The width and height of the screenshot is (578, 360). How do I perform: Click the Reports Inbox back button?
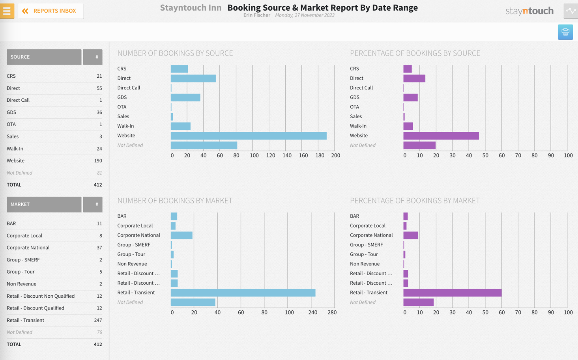(51, 11)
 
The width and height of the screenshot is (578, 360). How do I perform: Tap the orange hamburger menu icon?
(7, 11)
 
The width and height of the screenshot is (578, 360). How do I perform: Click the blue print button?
(565, 32)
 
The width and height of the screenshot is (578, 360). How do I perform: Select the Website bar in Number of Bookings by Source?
(249, 136)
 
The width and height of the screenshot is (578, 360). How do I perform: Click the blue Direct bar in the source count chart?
(193, 78)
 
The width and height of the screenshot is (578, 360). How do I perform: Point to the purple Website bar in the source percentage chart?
(441, 136)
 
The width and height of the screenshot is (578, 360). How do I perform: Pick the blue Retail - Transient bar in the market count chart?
(243, 293)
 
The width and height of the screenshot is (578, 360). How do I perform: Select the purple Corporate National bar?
(410, 235)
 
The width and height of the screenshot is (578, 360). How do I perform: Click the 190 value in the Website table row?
(98, 161)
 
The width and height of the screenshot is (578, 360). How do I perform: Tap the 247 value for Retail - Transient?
(98, 320)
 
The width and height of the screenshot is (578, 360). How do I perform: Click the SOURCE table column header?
(44, 57)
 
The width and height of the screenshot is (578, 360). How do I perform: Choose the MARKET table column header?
(44, 204)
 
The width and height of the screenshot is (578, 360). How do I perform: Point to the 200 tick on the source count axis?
(335, 155)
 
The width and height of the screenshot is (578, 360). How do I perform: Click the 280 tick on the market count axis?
(332, 312)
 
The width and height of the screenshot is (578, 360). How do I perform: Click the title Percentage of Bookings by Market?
(415, 201)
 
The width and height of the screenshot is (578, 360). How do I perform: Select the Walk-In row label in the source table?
(15, 149)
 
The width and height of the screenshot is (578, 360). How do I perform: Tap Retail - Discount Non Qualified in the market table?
(41, 296)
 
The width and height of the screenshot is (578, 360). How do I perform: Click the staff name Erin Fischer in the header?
(256, 15)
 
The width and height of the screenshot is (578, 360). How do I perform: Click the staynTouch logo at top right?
(529, 11)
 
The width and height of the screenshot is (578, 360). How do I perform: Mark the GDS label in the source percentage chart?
(354, 97)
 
